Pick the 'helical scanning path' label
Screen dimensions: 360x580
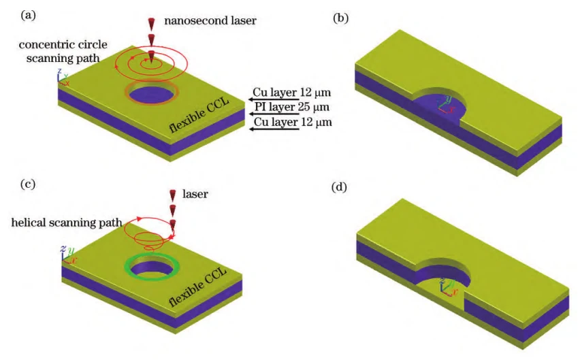point(67,223)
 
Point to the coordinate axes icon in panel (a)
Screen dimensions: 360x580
point(63,79)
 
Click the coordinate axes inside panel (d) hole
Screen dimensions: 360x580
point(447,285)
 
